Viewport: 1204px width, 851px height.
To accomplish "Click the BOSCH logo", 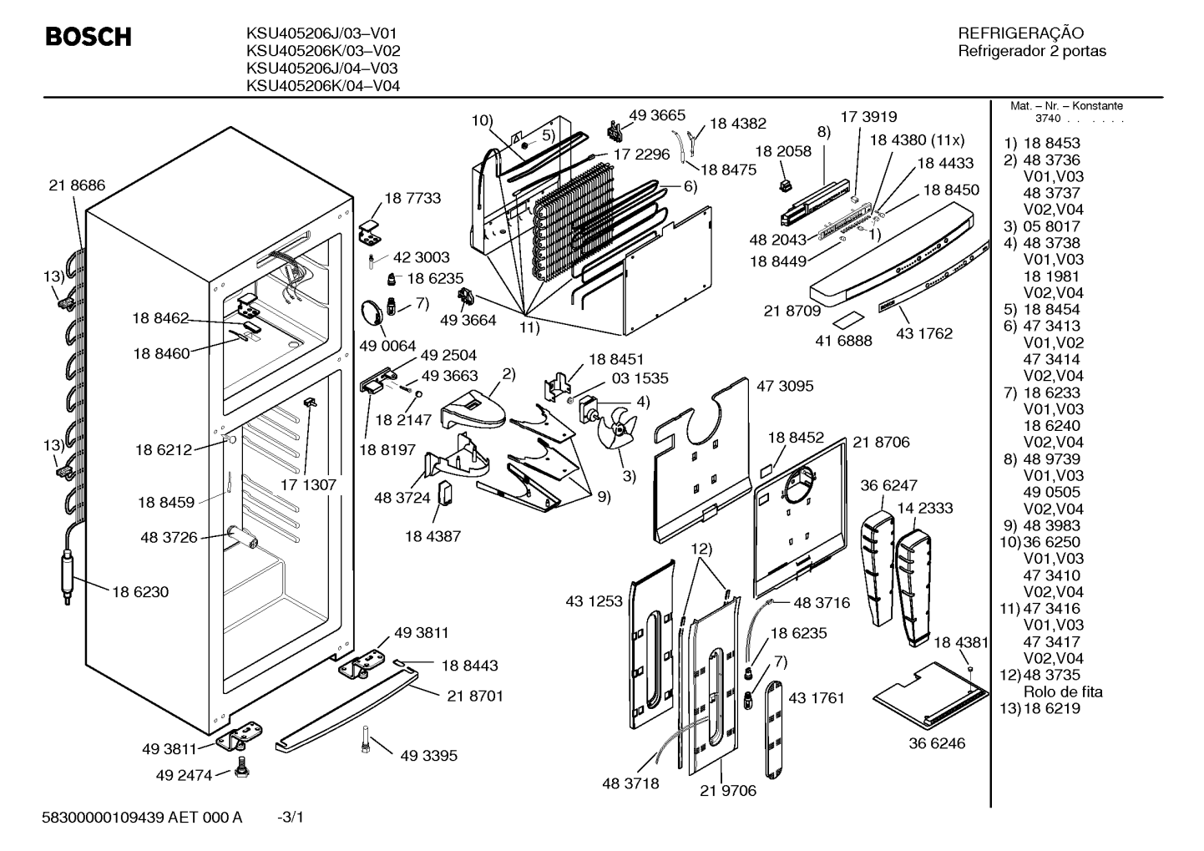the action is [x=89, y=37].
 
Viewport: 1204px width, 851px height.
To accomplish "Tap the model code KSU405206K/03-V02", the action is [x=323, y=51].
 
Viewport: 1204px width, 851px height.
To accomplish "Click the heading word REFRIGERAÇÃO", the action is [x=1019, y=33].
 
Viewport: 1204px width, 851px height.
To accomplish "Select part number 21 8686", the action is [x=77, y=185].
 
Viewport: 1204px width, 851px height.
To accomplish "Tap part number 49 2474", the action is [x=184, y=775].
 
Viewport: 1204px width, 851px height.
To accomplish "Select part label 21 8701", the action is [x=475, y=697].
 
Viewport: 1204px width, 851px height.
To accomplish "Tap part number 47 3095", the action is [x=785, y=386].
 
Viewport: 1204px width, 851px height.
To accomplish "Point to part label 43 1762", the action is [x=924, y=334].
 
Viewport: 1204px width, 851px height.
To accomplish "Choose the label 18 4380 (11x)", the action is [x=917, y=140].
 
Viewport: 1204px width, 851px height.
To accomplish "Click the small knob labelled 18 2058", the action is [x=787, y=185].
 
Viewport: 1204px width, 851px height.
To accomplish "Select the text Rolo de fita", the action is [x=1063, y=691].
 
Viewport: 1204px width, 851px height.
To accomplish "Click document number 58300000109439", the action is [x=103, y=818].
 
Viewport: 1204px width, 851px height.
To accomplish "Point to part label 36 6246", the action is [x=937, y=743].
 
